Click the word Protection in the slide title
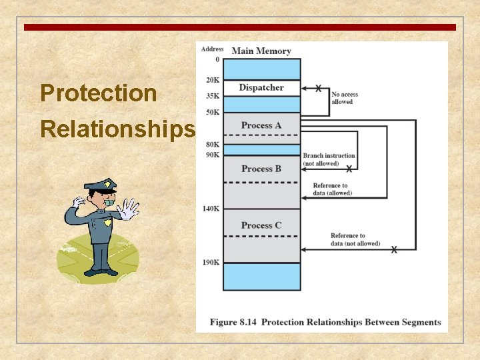tap(98, 93)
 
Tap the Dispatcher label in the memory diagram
tap(261, 87)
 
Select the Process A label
tap(261, 125)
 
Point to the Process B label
tap(261, 169)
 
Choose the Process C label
tap(261, 225)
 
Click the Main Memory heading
tap(261, 51)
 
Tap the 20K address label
tap(212, 80)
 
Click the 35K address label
tap(212, 96)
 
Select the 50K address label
tap(212, 112)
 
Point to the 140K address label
tap(211, 209)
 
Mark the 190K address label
tap(211, 262)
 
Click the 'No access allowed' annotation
tap(344, 98)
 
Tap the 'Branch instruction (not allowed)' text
tap(329, 159)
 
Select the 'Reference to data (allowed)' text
tap(332, 189)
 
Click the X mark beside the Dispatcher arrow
tap(318, 88)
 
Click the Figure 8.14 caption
tap(325, 322)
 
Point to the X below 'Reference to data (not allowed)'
tap(394, 250)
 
